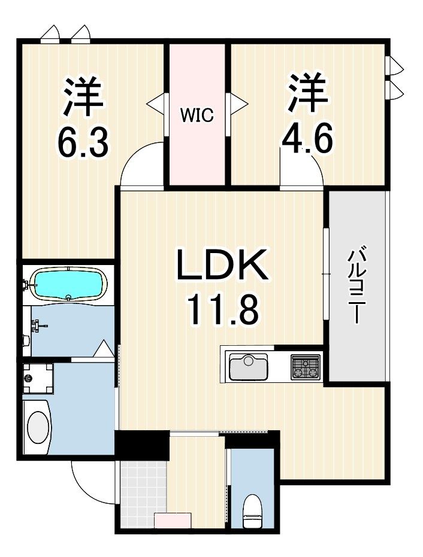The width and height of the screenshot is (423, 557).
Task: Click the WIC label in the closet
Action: [x=197, y=115]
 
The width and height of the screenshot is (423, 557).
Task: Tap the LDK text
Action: [x=222, y=264]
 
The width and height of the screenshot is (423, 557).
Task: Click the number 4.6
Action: [x=307, y=139]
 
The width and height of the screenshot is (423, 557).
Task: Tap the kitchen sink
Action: [x=248, y=367]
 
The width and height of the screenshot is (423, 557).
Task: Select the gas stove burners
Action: [x=305, y=367]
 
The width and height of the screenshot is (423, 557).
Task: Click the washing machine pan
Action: [x=38, y=378]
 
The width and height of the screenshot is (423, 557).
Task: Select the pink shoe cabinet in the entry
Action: [x=173, y=521]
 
